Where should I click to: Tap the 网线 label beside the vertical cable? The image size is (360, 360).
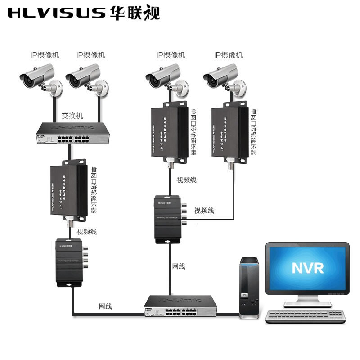click(179, 266)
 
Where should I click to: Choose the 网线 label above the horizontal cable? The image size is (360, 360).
click(105, 306)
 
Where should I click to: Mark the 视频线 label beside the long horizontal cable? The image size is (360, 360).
click(204, 211)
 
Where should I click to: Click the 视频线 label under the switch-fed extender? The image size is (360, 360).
click(86, 232)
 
